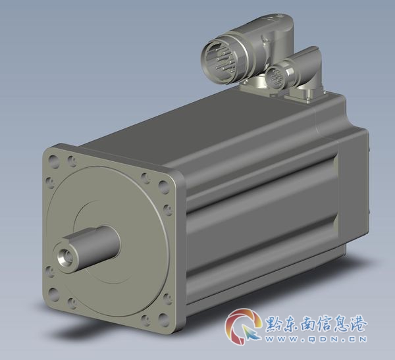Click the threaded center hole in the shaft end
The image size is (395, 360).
click(65, 257)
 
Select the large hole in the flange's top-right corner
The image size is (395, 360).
click(164, 187)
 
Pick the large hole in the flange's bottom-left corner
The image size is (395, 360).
click(53, 295)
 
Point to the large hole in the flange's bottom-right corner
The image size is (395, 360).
click(163, 320)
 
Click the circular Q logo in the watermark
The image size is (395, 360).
click(242, 326)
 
